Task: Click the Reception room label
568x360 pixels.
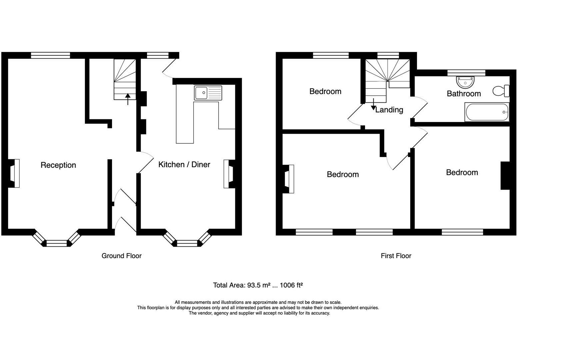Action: coord(58,165)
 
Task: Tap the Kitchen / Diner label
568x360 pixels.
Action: coord(184,164)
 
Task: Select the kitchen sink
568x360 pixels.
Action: coord(208,93)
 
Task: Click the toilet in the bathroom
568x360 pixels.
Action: coord(500,91)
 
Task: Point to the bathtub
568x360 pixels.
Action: coord(487,112)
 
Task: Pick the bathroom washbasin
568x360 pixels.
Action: coord(465,81)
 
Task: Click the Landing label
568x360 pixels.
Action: coord(389,110)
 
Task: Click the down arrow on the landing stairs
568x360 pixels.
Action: coord(373,105)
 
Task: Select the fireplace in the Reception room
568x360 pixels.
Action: coord(14,173)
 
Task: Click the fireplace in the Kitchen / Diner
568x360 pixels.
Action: coord(229,174)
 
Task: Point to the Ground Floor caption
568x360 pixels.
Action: coord(121,256)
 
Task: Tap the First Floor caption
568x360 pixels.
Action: coord(396,256)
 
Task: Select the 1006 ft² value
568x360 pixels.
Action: coord(291,285)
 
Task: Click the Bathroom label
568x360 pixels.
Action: coord(464,94)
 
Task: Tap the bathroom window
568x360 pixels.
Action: coord(466,73)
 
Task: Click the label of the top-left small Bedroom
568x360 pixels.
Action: coord(325,91)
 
